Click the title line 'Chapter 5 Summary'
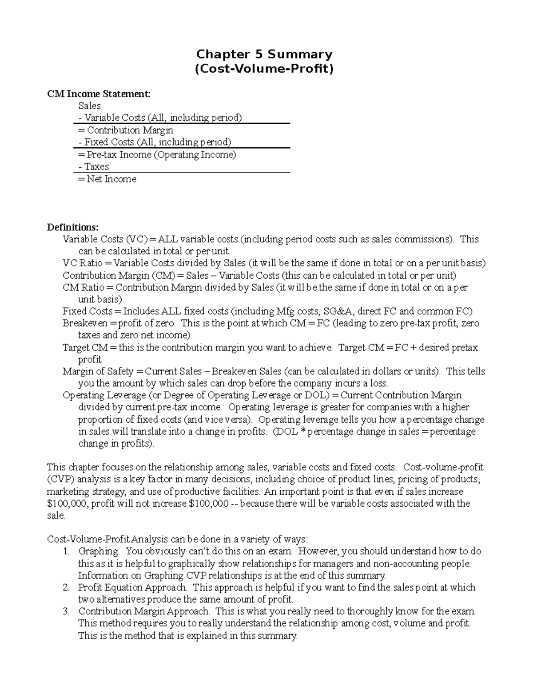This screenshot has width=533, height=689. pos(264,54)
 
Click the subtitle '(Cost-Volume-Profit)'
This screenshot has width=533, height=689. pos(264,69)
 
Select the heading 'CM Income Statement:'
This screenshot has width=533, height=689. pos(99,94)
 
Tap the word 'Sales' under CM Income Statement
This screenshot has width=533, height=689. pos(89,106)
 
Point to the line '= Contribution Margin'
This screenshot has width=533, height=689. pos(126,130)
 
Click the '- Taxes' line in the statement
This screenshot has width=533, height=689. pos(93,166)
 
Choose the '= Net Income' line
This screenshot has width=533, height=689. pos(107,179)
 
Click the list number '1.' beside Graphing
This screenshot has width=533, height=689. pos(66,551)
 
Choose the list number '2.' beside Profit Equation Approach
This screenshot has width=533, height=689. pos(66,587)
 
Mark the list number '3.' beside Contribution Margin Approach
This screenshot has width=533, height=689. pos(66,611)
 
